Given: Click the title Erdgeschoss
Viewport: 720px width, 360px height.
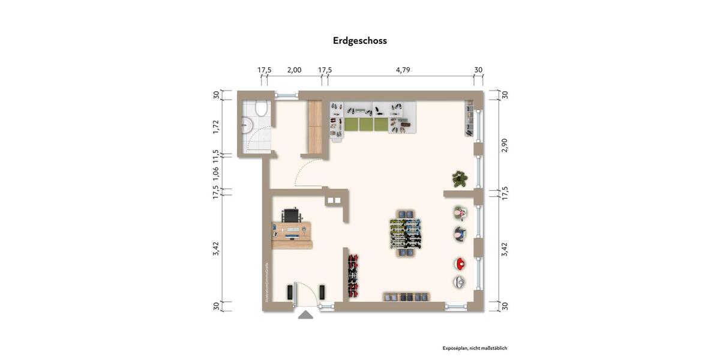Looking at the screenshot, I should tap(360, 41).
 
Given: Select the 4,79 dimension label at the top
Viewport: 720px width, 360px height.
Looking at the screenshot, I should tap(403, 70).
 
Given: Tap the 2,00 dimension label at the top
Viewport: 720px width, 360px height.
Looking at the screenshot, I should tap(294, 70).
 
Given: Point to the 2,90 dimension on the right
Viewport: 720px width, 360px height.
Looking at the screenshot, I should tap(505, 145).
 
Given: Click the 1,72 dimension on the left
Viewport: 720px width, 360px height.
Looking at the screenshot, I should tap(216, 126).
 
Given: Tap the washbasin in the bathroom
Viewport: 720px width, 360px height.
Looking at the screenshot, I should tap(247, 126).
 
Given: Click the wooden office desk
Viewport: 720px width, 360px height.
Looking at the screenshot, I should tap(292, 235).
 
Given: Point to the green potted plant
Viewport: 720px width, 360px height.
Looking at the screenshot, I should tap(460, 179).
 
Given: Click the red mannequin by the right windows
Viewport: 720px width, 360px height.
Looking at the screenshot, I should tap(460, 263).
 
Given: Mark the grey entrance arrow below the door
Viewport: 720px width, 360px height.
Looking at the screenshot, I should tap(305, 315).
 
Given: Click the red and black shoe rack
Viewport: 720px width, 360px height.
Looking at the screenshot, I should tap(353, 275).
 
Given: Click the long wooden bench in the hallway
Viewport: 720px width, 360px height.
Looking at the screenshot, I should tap(316, 127).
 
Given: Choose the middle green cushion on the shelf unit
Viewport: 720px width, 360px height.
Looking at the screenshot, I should tap(367, 125).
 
